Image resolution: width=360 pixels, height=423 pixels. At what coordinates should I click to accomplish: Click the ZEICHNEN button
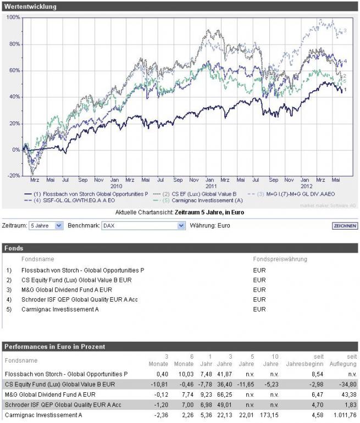click(x=345, y=226)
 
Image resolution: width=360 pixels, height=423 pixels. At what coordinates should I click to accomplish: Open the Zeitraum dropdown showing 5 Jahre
click(x=47, y=226)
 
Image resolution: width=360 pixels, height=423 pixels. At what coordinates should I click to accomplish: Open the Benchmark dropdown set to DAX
click(x=143, y=226)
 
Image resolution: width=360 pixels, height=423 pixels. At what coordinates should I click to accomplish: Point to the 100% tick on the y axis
click(x=13, y=18)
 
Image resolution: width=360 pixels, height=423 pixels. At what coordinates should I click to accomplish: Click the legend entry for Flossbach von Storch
click(x=91, y=194)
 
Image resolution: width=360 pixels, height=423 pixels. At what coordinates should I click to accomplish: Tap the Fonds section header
click(x=14, y=248)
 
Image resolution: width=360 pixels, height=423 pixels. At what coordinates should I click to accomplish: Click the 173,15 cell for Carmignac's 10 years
click(x=270, y=415)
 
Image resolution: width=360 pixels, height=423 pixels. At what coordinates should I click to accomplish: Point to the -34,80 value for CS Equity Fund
click(x=346, y=384)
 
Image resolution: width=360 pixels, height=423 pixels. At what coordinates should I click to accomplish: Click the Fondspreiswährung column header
click(x=280, y=259)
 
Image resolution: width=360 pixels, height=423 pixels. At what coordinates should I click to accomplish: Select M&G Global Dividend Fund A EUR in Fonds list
click(x=67, y=290)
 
